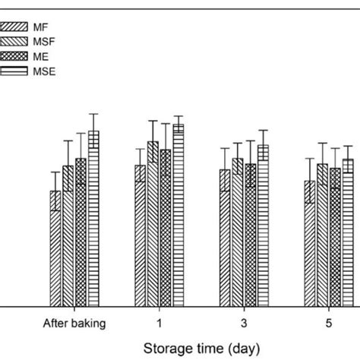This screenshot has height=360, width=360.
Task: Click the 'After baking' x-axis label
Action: [74, 324]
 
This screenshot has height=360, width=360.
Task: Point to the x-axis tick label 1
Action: [159, 324]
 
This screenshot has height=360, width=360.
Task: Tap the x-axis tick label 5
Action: [330, 324]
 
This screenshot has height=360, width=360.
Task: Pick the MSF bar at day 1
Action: [153, 224]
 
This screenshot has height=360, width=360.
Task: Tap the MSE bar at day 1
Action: [178, 216]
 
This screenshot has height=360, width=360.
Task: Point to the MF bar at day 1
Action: [141, 235]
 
